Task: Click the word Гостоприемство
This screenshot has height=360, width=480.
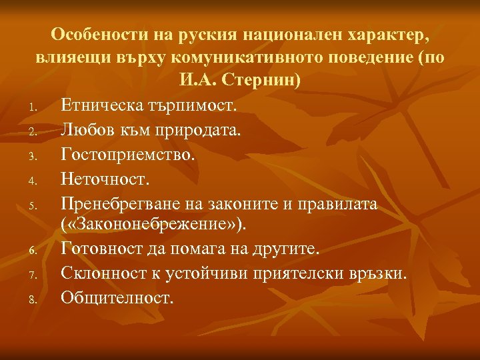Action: (128, 153)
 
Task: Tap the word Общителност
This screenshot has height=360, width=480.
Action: (117, 297)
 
